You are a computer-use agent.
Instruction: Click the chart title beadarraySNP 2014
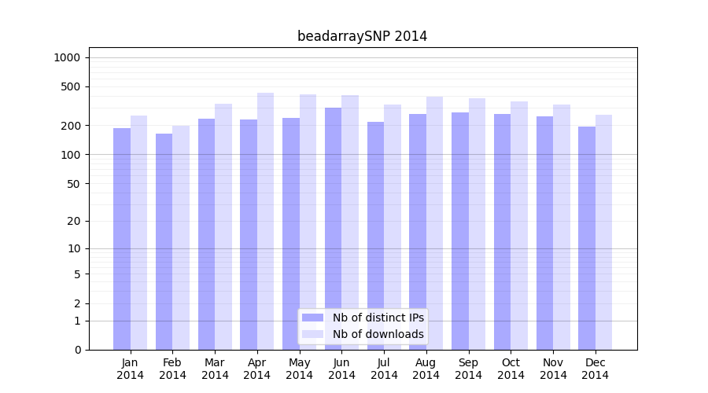tap(362, 36)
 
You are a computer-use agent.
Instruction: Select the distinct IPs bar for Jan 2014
tap(122, 239)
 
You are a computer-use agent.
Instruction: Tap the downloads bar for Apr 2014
tap(265, 221)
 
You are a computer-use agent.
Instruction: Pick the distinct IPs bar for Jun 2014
tap(333, 229)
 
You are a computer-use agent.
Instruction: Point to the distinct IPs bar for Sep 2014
tap(460, 231)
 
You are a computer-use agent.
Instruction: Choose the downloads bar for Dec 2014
tap(603, 232)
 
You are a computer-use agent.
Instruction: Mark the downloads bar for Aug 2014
tap(434, 223)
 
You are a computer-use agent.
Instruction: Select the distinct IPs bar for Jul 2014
tap(375, 236)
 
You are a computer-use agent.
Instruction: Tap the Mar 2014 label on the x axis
tap(215, 369)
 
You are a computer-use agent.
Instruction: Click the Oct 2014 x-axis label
tap(511, 369)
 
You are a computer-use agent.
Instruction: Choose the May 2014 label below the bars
tap(299, 369)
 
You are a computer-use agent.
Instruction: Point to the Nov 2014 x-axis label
tap(553, 369)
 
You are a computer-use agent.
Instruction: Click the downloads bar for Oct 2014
tap(519, 226)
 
